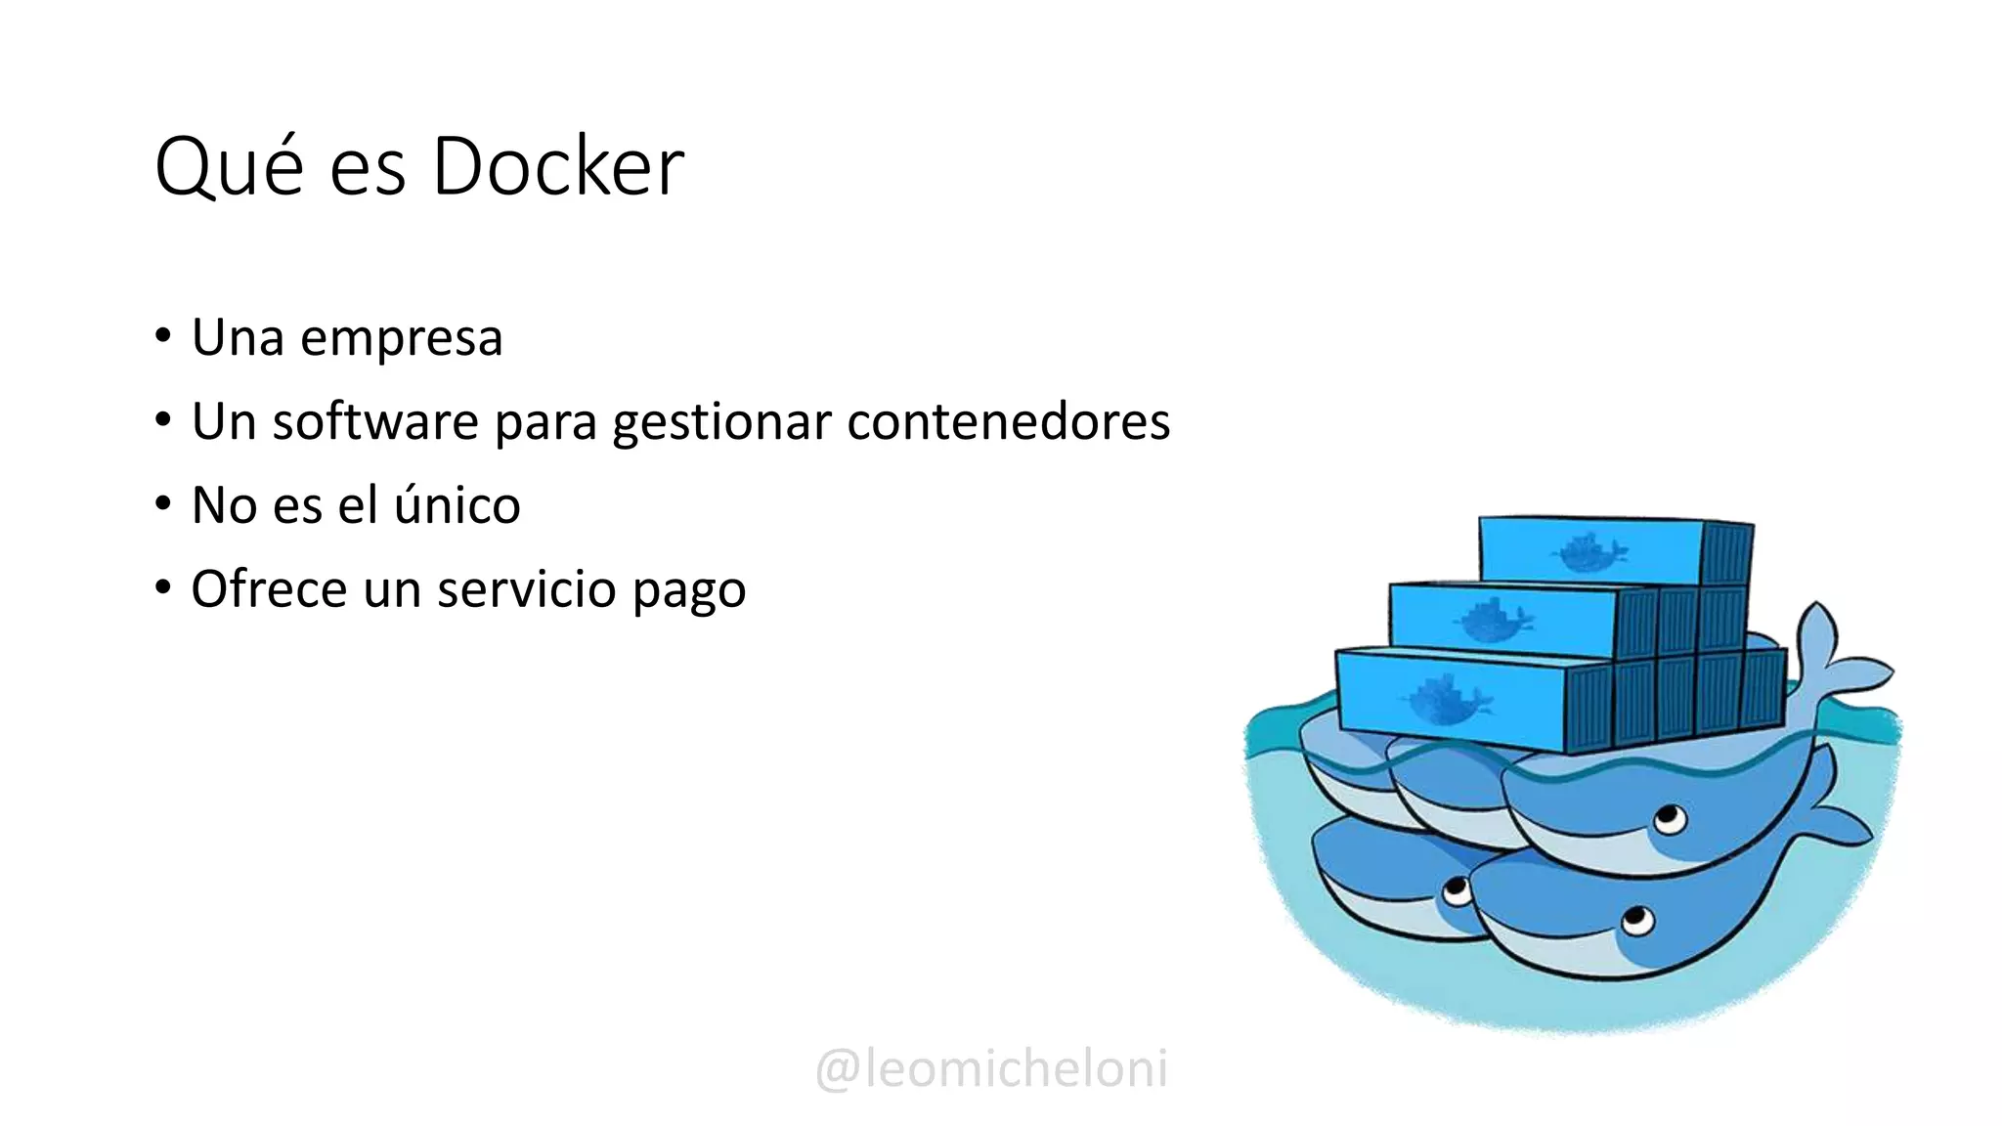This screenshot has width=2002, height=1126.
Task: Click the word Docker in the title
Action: pyautogui.click(x=557, y=167)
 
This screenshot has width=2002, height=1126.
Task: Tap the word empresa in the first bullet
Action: pyautogui.click(x=401, y=339)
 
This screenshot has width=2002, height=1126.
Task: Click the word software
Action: pyautogui.click(x=375, y=422)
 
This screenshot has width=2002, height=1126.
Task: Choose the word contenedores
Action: pyautogui.click(x=1008, y=422)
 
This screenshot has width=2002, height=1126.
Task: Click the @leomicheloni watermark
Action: pyautogui.click(x=991, y=1068)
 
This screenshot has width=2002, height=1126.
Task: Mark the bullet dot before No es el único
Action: pyautogui.click(x=163, y=504)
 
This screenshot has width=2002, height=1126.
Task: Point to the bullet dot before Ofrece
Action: pyautogui.click(x=163, y=588)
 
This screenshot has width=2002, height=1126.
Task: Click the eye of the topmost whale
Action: pyautogui.click(x=1669, y=817)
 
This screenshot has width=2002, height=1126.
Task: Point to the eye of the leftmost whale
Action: pyautogui.click(x=1457, y=890)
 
